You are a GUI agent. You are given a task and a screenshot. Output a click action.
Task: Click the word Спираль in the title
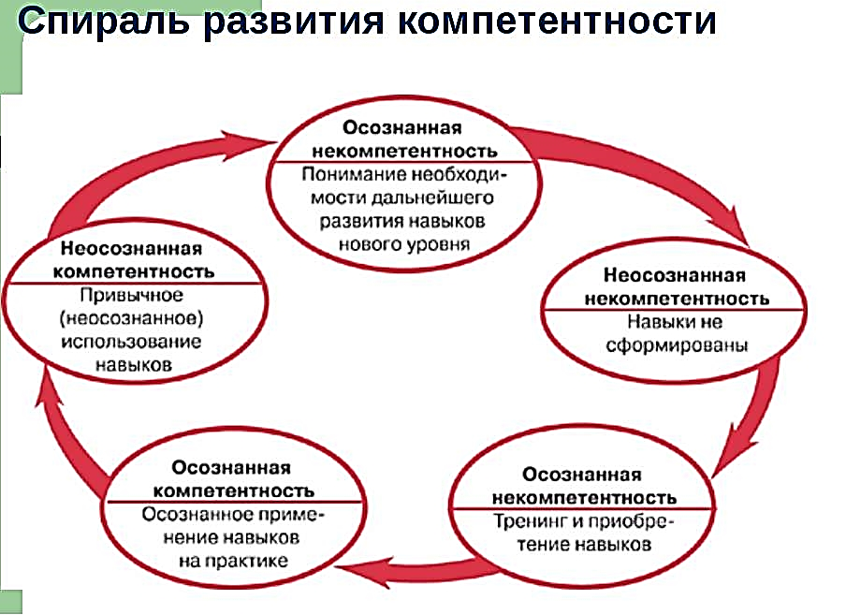click(104, 22)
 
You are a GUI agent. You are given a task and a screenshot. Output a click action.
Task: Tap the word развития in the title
click(294, 22)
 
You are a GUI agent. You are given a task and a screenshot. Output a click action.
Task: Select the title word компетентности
click(557, 22)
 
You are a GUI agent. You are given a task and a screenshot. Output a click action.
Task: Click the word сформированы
click(678, 345)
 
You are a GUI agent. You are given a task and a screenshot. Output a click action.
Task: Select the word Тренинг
click(531, 521)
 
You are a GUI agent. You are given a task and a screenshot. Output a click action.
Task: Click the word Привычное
click(132, 296)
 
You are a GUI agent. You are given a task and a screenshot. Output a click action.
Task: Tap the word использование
click(131, 342)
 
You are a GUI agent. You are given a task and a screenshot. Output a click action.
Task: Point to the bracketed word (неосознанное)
click(132, 319)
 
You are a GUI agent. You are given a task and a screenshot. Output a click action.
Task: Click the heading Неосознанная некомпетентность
click(677, 286)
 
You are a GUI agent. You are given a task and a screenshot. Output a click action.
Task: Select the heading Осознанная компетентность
click(234, 479)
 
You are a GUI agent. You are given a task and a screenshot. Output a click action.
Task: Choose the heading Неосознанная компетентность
click(133, 259)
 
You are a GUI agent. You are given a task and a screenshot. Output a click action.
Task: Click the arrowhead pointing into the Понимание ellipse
click(248, 144)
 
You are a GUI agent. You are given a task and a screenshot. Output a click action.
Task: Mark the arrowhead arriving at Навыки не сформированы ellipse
click(735, 226)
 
